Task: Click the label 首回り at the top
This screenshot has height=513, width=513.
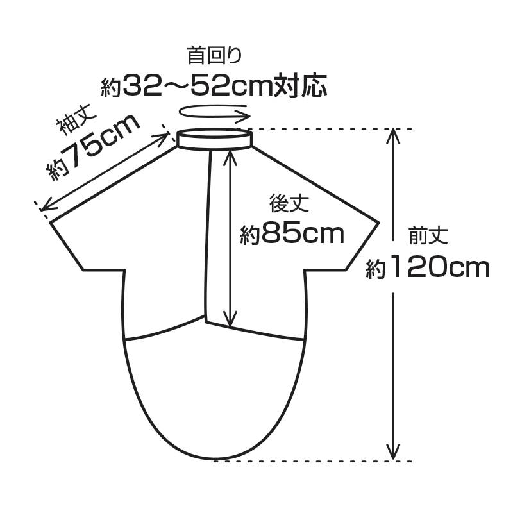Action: [x=214, y=55]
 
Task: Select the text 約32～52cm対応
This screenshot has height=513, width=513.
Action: [x=214, y=86]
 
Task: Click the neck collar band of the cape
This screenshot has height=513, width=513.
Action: [x=215, y=139]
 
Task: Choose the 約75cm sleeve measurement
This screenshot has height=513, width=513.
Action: [x=93, y=147]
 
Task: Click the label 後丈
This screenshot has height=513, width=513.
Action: [x=289, y=203]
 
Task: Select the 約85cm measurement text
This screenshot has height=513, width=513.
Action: [x=292, y=233]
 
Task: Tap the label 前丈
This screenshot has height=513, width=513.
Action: [x=428, y=235]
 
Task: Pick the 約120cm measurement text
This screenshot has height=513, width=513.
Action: [x=428, y=267]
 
